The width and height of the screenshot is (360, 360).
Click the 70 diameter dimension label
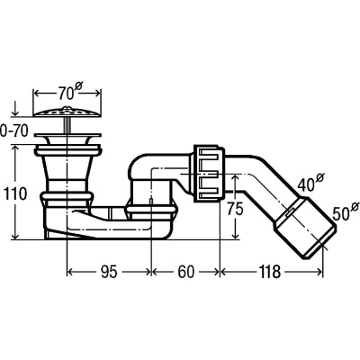(69, 92)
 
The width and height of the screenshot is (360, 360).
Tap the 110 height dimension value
(14, 194)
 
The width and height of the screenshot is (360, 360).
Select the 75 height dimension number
(235, 209)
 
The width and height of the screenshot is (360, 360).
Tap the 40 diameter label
(310, 184)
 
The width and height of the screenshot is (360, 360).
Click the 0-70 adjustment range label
(14, 131)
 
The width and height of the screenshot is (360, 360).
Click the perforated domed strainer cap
(67, 112)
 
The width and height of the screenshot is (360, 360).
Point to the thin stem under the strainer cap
(66, 125)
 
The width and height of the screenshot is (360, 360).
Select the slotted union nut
(209, 174)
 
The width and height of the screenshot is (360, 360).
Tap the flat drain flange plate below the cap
(68, 135)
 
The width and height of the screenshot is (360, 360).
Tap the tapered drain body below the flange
(67, 171)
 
